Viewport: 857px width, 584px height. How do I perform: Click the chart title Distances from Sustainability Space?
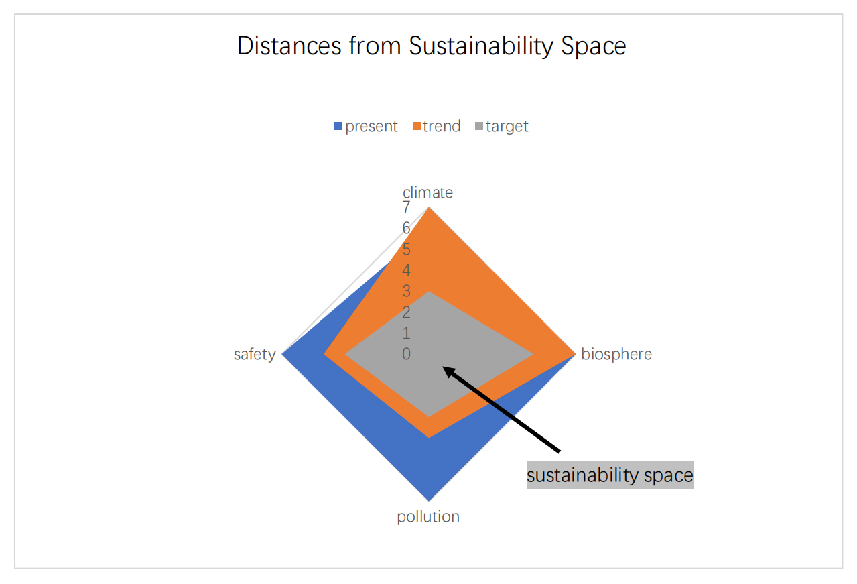click(x=431, y=46)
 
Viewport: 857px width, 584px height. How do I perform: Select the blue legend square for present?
click(x=338, y=126)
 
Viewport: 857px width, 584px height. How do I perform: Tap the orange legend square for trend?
click(x=417, y=126)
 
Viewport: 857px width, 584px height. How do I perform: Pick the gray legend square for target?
click(x=479, y=126)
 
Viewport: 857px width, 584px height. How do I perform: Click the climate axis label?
click(x=427, y=192)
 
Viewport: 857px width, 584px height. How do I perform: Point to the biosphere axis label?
click(x=616, y=354)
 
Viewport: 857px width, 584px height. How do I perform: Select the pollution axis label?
click(x=428, y=516)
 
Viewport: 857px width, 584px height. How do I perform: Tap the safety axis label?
click(x=255, y=354)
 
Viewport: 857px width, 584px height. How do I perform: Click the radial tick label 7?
click(x=406, y=207)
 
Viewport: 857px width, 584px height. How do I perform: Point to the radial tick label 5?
click(x=406, y=249)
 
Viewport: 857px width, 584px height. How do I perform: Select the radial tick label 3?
click(x=406, y=291)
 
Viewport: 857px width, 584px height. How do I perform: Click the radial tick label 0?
click(x=406, y=354)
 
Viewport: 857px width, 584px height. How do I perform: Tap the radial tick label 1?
click(x=406, y=333)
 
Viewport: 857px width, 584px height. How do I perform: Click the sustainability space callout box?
click(x=610, y=475)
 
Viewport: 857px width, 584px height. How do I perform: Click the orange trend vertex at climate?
click(x=429, y=207)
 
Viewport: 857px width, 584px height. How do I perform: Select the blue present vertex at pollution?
click(x=429, y=501)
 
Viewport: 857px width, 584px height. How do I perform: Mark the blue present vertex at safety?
click(x=282, y=354)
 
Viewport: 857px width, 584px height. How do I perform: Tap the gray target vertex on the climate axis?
click(x=429, y=292)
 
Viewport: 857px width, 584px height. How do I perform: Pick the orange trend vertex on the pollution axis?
click(x=429, y=438)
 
